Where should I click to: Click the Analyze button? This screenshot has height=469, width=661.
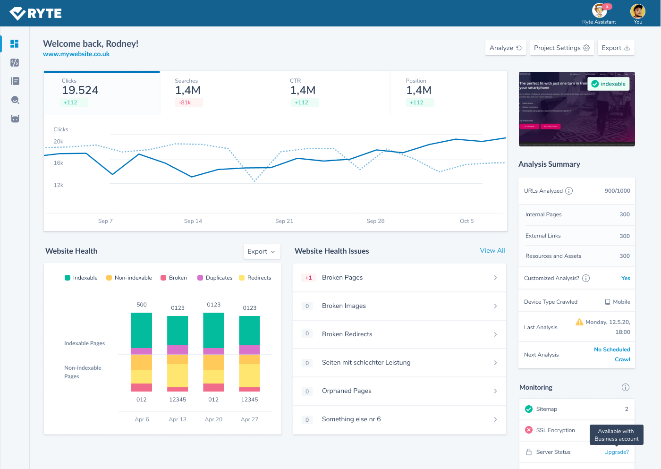pos(505,48)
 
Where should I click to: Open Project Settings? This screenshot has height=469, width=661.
pos(561,48)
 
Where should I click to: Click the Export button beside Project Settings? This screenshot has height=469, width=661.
pos(615,48)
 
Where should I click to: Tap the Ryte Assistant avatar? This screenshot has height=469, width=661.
pos(599,10)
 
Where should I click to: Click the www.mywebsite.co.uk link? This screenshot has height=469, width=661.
pos(76,54)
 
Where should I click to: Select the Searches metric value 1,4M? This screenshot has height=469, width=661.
pos(187,90)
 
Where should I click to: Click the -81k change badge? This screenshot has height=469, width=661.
pos(185,102)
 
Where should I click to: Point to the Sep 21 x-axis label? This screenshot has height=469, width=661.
pos(284,221)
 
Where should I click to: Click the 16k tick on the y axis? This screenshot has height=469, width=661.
pos(59,163)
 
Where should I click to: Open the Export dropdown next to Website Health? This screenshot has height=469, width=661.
pos(262,252)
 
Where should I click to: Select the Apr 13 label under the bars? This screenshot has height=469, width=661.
pos(178,419)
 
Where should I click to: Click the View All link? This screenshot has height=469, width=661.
pos(492,251)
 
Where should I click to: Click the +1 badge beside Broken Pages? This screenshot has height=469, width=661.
pos(308,278)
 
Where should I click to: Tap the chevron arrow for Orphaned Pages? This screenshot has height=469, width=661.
pos(495,391)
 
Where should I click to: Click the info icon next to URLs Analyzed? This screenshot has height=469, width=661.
pos(569,191)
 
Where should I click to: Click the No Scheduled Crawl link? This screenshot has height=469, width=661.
pos(612,354)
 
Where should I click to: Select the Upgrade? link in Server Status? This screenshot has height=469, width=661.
pos(616,452)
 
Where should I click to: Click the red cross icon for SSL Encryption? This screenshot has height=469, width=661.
pos(529,430)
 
